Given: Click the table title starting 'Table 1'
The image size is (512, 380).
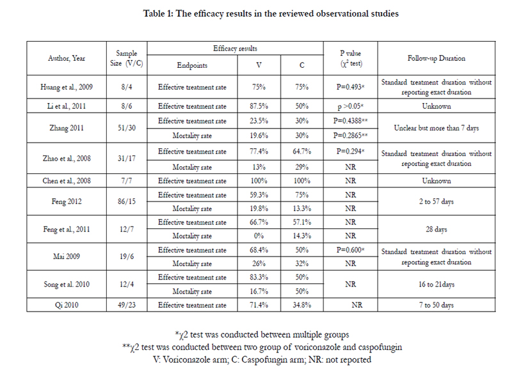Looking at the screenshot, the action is (x=271, y=13).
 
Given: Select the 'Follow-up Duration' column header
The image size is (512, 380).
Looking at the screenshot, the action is (x=436, y=58).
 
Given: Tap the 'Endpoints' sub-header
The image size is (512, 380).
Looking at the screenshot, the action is (x=192, y=65).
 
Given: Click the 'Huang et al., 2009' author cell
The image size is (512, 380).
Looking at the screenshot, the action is (x=67, y=87).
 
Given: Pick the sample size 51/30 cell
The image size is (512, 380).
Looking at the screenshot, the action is (x=127, y=128).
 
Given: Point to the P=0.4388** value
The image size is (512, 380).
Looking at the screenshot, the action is (x=350, y=121).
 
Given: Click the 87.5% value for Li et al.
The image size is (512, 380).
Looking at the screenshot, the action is (x=259, y=106).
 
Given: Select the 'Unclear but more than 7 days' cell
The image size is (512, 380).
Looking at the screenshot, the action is (x=436, y=128).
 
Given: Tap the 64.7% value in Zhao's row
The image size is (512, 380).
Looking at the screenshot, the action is (x=301, y=152).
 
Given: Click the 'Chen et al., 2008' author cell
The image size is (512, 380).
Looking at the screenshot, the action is (x=67, y=181).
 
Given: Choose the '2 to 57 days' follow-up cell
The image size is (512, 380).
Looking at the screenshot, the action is (x=436, y=202).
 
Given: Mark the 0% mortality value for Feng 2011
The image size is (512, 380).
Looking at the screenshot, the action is (x=259, y=235).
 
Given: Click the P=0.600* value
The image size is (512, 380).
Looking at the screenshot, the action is (x=350, y=250).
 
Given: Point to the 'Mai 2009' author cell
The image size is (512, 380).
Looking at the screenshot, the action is (x=67, y=257).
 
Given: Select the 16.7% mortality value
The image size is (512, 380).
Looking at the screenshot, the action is (x=259, y=291).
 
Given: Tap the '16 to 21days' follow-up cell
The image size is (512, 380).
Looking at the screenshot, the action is (x=436, y=284).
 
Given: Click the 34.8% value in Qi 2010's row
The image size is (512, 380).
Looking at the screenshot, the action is (x=301, y=305).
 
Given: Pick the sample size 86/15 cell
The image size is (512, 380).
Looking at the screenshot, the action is (x=127, y=202).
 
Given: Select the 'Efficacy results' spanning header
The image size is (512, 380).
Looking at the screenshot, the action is (x=235, y=49).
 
